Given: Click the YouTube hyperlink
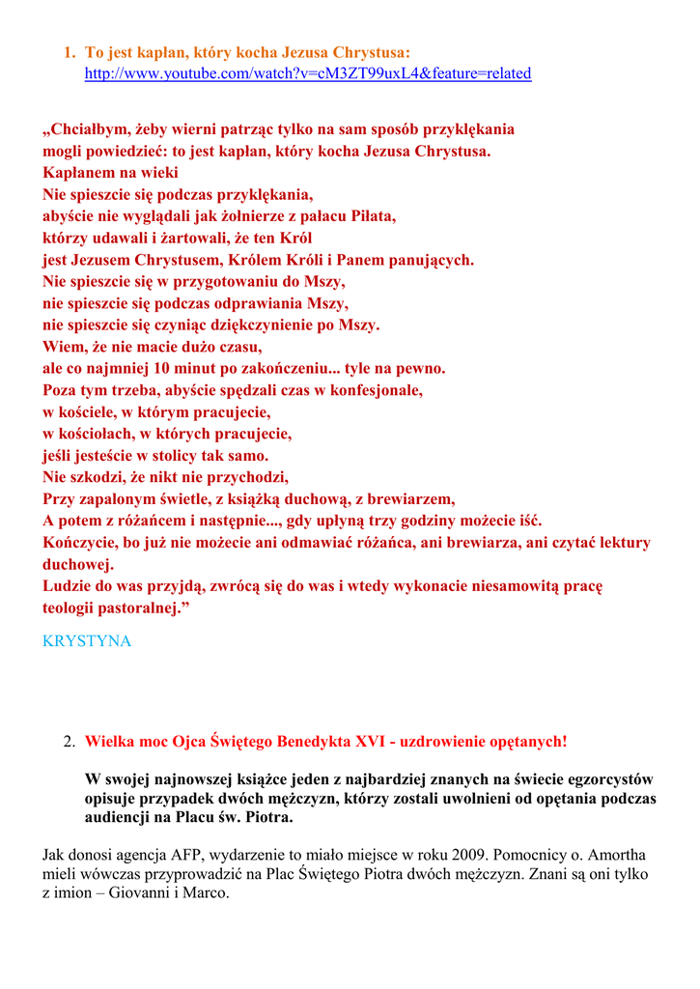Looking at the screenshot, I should point(307,73).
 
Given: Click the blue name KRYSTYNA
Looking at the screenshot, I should point(87,641).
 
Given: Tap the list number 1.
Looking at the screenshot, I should point(69,51).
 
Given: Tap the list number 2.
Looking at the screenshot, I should point(69,742).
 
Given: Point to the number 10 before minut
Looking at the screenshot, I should point(161,368).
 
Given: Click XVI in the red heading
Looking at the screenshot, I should point(371,742).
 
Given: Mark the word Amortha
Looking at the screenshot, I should point(616,855).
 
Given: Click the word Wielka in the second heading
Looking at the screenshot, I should point(108,742).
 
